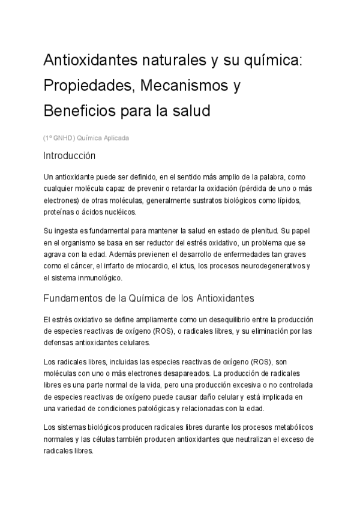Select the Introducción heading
pyautogui.click(x=70, y=155)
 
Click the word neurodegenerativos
pyautogui.click(x=274, y=266)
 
